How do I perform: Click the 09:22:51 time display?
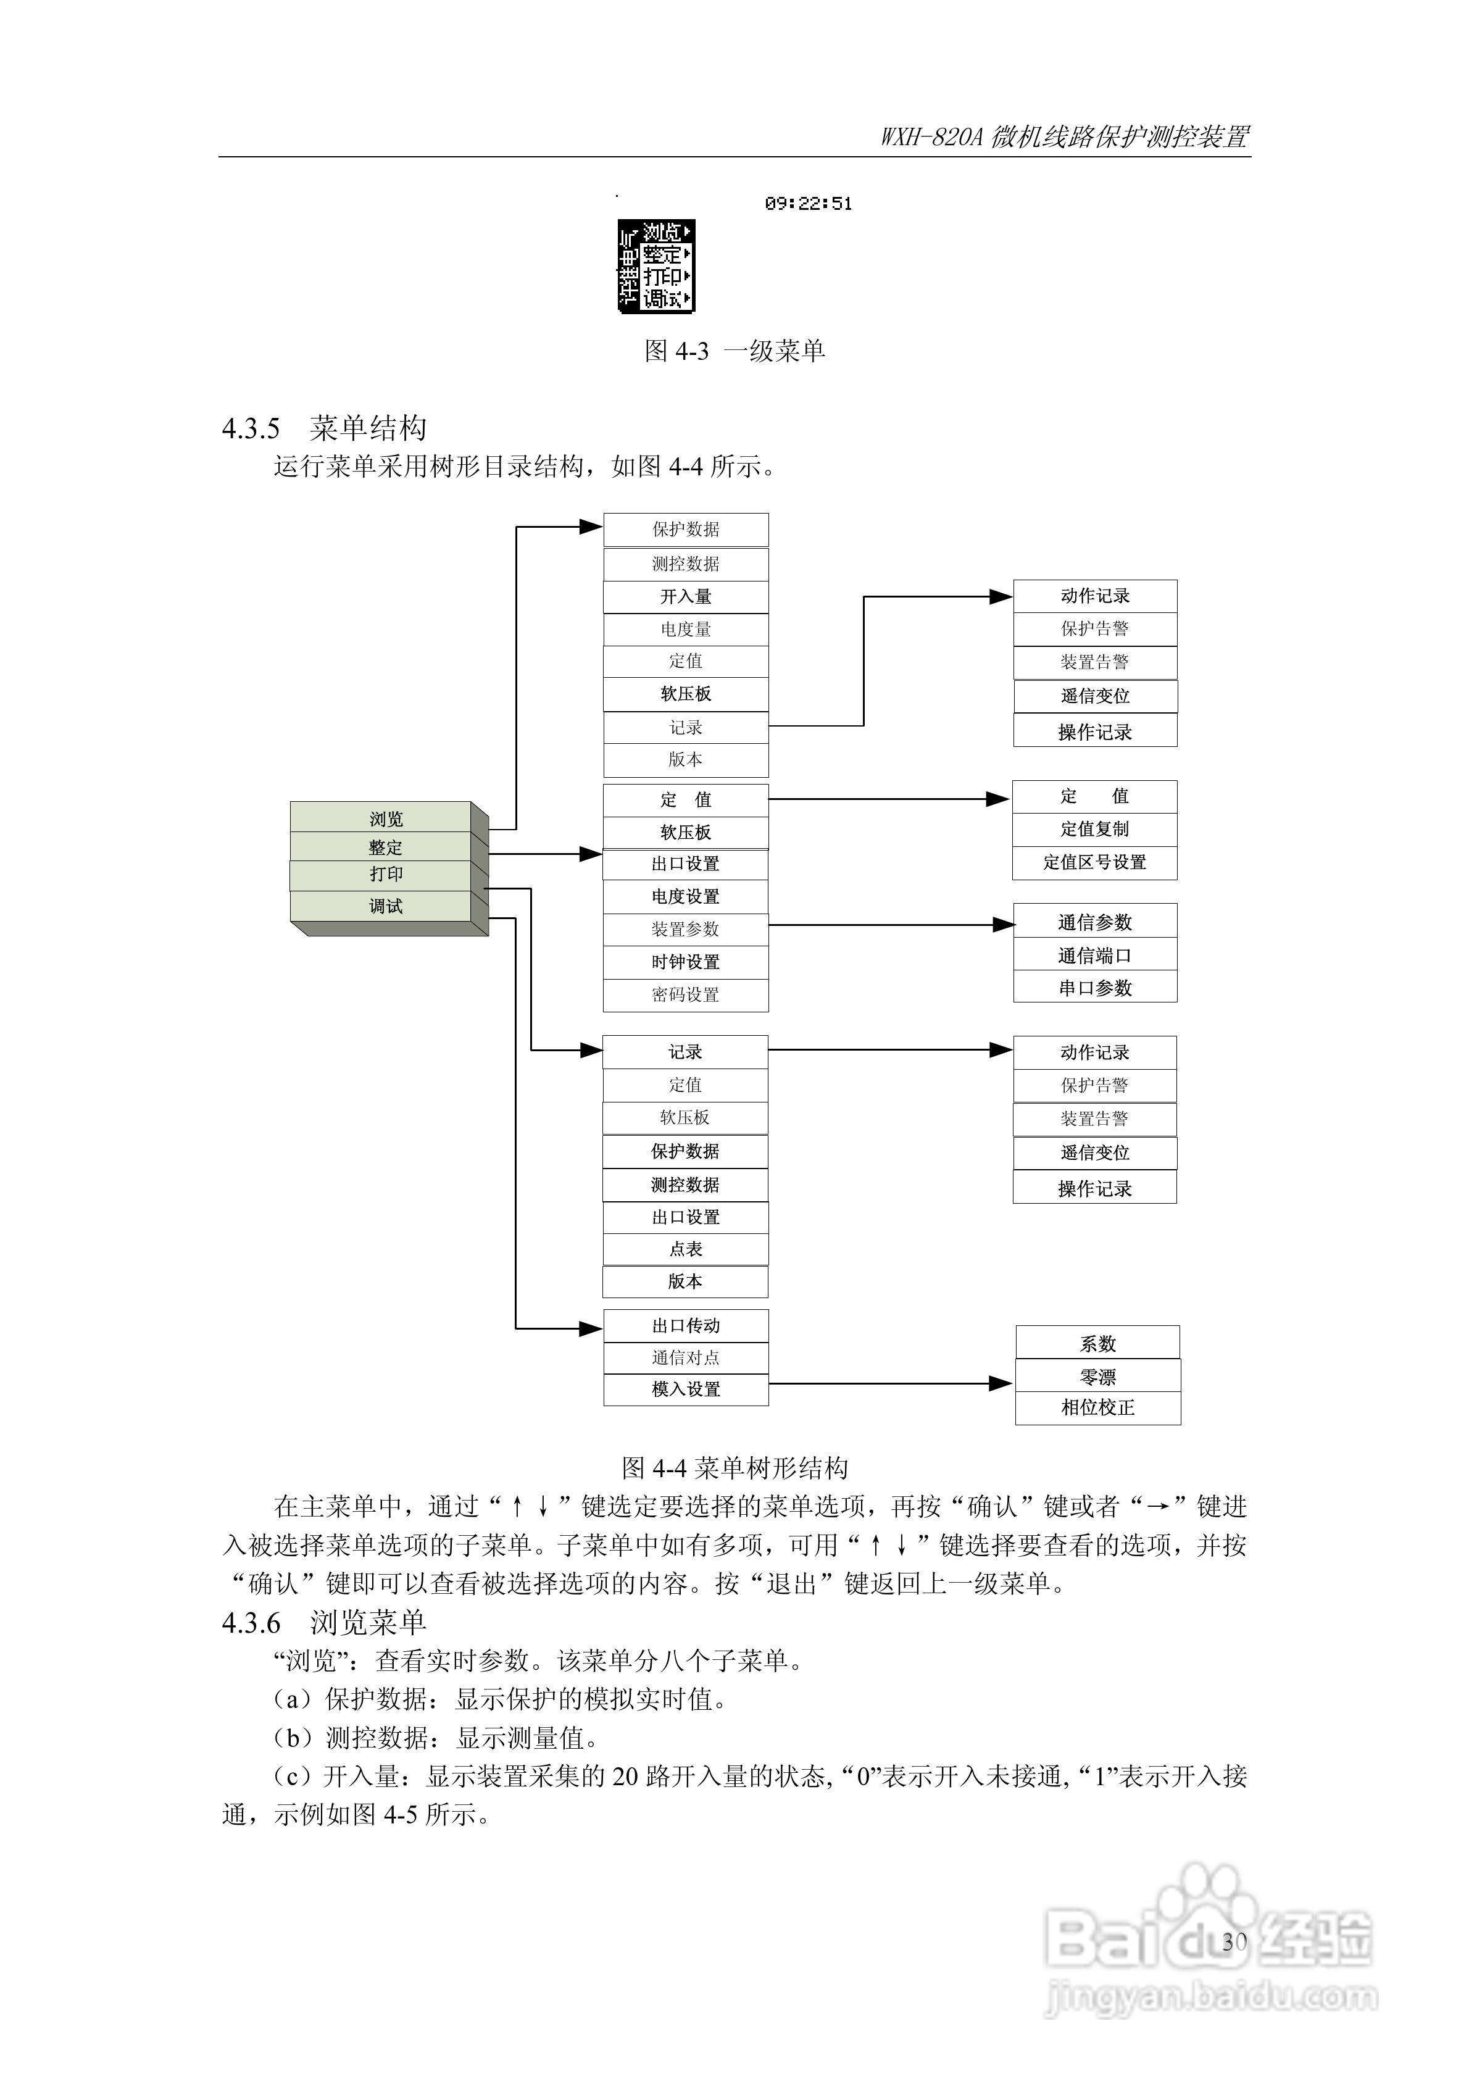click(808, 204)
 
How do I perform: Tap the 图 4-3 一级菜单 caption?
click(734, 351)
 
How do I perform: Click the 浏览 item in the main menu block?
click(385, 819)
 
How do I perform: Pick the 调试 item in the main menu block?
click(385, 906)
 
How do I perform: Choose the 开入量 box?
click(686, 597)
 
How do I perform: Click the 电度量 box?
click(686, 629)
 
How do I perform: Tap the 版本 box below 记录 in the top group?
click(686, 760)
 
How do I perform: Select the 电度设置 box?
click(686, 896)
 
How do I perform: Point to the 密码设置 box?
click(686, 994)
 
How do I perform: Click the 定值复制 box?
click(1094, 828)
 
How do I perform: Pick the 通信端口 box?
click(1094, 956)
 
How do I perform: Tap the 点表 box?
click(686, 1249)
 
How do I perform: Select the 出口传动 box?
click(686, 1326)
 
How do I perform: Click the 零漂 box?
click(1097, 1377)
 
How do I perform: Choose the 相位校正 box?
click(1097, 1407)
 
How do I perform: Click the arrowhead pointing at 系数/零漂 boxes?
click(1000, 1383)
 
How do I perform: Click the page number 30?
click(1234, 1941)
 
